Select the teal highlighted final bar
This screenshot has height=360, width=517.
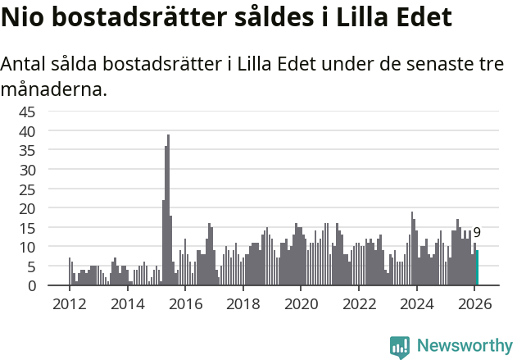tap(477, 268)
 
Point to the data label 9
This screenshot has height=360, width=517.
tap(477, 233)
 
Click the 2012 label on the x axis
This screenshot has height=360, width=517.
tap(69, 303)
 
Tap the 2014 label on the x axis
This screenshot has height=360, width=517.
tap(127, 303)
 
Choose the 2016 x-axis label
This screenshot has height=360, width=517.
tap(185, 303)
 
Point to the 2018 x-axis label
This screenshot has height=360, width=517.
tap(243, 303)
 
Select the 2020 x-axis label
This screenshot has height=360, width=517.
tap(301, 303)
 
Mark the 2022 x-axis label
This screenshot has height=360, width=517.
tap(359, 303)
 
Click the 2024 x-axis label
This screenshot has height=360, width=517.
tap(417, 303)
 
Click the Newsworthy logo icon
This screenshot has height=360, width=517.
tap(400, 346)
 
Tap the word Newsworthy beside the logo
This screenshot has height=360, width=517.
tap(464, 346)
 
